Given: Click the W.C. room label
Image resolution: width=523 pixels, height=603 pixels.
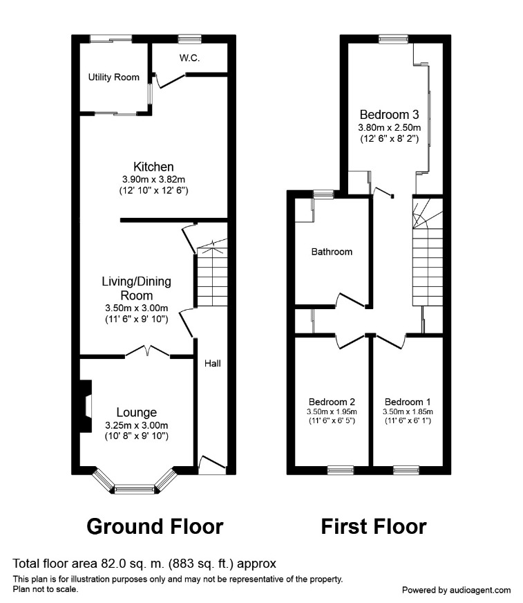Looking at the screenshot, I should click(189, 58).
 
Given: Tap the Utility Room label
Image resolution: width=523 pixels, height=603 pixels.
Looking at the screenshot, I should click(113, 77).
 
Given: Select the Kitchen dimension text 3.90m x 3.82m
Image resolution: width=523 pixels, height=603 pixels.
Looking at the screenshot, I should click(153, 179).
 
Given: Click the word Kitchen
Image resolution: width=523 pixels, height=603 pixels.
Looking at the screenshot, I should click(153, 167).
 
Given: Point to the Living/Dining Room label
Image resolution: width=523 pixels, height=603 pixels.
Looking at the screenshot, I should click(136, 288).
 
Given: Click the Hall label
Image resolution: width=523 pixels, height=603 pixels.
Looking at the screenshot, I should click(212, 362).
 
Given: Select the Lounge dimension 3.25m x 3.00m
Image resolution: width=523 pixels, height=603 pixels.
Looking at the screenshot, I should click(137, 425).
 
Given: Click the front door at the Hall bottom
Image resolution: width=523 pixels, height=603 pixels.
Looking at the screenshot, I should click(212, 465).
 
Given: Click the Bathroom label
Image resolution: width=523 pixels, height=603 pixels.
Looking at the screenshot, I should click(331, 252).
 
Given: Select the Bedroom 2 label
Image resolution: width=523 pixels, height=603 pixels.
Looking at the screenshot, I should click(332, 402).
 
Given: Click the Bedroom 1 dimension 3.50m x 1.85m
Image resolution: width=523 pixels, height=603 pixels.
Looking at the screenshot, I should click(408, 412).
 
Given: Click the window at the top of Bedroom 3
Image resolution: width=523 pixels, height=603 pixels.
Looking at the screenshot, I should click(392, 38).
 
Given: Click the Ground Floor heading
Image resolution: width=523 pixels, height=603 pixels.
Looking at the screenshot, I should click(155, 526).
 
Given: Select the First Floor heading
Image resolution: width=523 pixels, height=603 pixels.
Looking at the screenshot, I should click(373, 526).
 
